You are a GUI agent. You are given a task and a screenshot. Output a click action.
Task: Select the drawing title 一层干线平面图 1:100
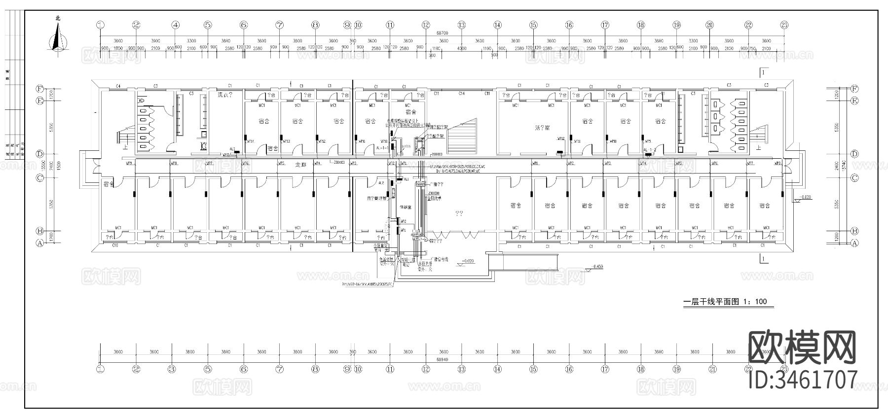pyautogui.click(x=725, y=302)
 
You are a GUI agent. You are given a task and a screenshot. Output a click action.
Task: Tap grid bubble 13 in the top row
pyautogui.click(x=461, y=25)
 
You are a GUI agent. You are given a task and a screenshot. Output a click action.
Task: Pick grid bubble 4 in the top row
pyautogui.click(x=176, y=25)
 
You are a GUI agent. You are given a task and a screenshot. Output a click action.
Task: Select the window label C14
pyautogui.click(x=461, y=93)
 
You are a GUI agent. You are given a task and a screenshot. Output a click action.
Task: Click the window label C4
pyautogui.click(x=118, y=86)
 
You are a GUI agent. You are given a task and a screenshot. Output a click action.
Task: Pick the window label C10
pyautogui.click(x=115, y=245)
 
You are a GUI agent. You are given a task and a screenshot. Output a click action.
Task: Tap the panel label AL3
pyautogui.click(x=232, y=148)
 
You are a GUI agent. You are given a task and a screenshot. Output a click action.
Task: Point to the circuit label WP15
pyautogui.click(x=226, y=155)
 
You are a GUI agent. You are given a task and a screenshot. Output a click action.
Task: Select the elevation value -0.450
pyautogui.click(x=598, y=267)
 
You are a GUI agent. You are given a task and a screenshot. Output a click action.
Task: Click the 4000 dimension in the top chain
pyautogui.click(x=461, y=48)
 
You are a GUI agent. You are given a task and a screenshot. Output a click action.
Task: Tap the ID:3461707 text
pyautogui.click(x=803, y=381)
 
